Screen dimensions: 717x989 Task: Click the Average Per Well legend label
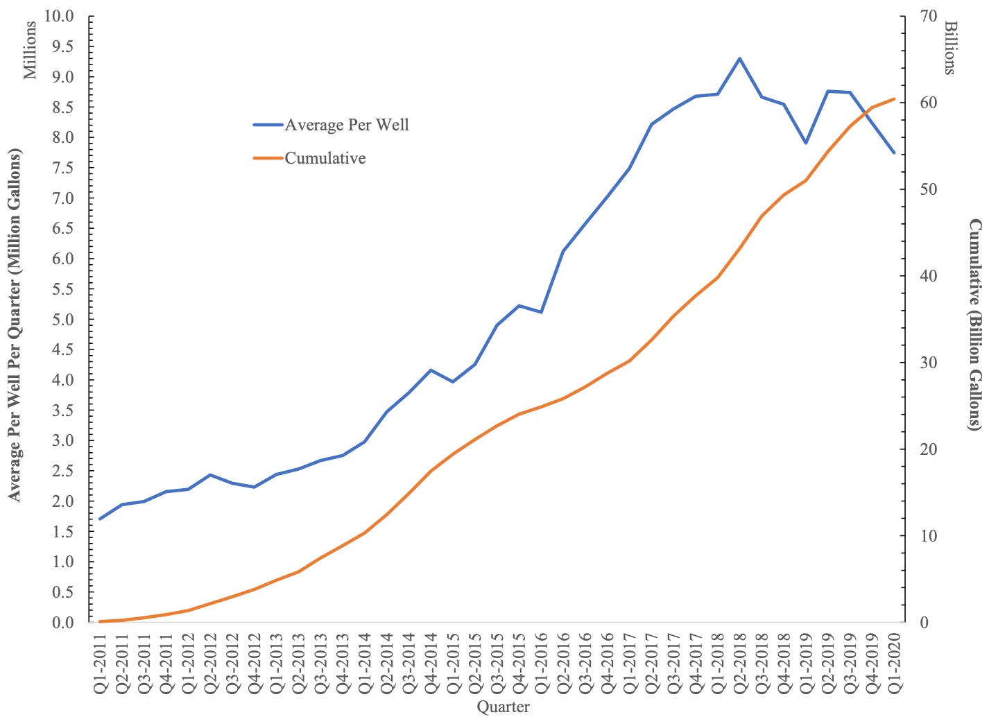click(x=347, y=125)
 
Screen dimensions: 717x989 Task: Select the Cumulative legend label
click(x=325, y=158)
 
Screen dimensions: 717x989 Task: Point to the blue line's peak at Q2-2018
click(x=739, y=58)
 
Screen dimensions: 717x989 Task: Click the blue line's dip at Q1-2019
click(x=806, y=143)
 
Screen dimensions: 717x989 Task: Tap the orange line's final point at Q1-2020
click(x=895, y=98)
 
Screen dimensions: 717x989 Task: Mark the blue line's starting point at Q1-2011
click(x=100, y=519)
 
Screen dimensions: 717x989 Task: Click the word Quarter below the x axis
click(x=503, y=707)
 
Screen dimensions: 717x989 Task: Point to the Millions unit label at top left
click(x=31, y=50)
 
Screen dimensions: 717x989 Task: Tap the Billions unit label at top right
click(x=950, y=47)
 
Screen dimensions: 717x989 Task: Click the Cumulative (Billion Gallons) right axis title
click(x=975, y=325)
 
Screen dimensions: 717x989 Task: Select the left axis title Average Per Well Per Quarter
click(x=14, y=325)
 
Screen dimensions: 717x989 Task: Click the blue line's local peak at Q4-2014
click(x=431, y=370)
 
